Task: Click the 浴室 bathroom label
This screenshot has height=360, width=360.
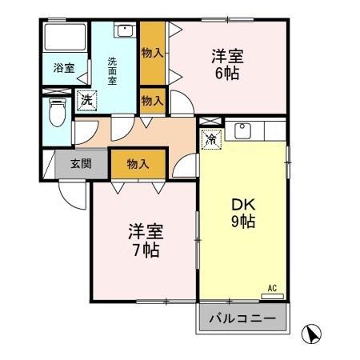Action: point(65,68)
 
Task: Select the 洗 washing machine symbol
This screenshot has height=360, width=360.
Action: point(86,101)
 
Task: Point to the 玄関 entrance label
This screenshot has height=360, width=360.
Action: point(80,165)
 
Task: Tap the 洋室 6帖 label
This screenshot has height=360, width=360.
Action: point(226,65)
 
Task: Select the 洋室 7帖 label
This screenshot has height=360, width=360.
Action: point(146,240)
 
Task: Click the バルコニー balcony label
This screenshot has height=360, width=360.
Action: point(242,319)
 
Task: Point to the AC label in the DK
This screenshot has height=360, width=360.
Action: point(272,287)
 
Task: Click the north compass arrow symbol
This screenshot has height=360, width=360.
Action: point(313,332)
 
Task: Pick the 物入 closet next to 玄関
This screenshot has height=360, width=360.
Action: point(138,163)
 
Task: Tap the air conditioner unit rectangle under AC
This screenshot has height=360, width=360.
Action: point(272,295)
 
